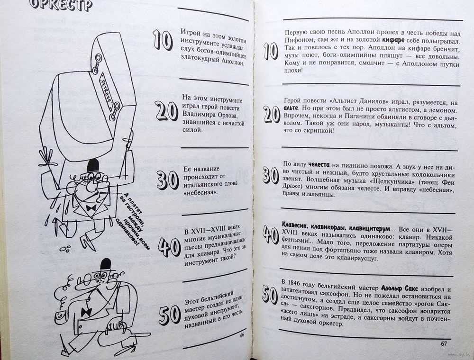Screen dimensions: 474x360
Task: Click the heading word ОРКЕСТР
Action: coord(61,5)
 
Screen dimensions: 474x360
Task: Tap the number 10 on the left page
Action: coord(163,40)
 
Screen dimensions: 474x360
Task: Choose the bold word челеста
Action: coord(319,165)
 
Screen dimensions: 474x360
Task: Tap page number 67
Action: coord(444,343)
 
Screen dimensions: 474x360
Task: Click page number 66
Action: coord(242,334)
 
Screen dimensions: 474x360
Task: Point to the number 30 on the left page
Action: coord(167,180)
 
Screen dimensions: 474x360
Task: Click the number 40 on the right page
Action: coord(271,234)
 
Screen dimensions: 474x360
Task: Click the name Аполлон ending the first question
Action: coord(228,64)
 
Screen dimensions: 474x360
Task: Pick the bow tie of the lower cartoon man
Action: coord(86,312)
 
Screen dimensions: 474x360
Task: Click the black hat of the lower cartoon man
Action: coord(106,264)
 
